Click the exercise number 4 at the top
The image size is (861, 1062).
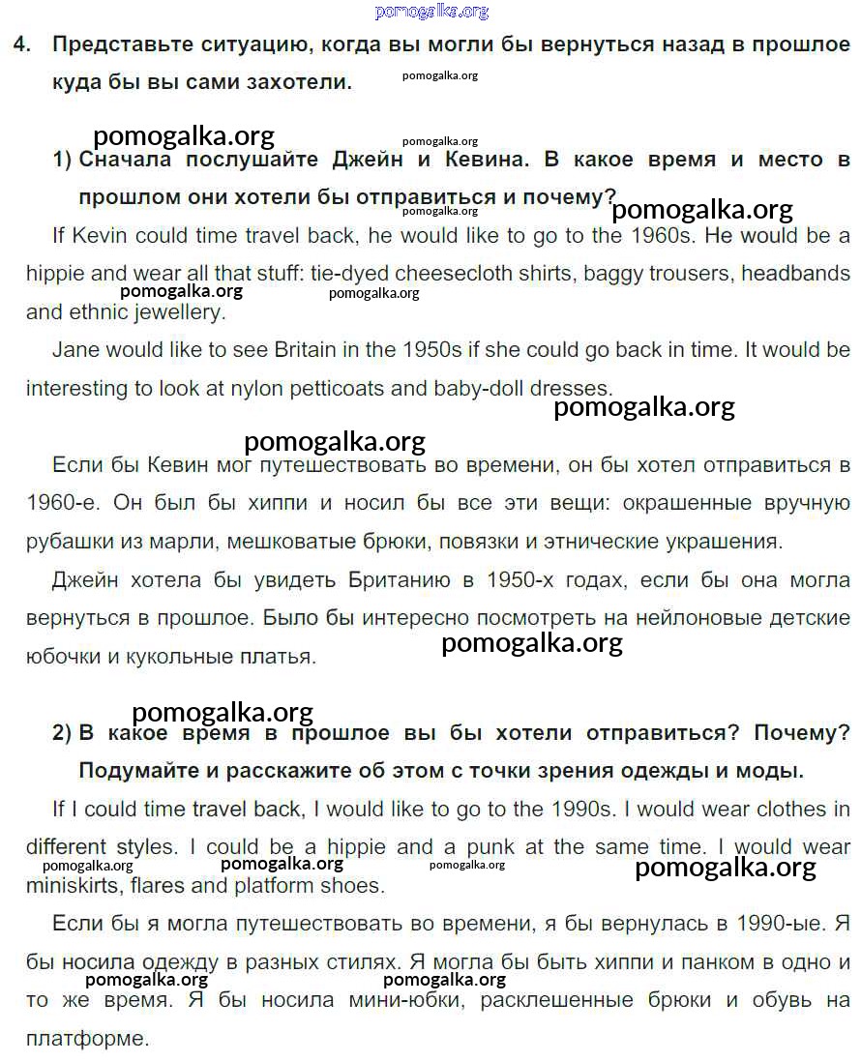[20, 44]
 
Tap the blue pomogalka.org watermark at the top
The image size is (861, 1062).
[430, 11]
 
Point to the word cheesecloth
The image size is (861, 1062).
[451, 274]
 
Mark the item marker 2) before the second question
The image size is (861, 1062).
[62, 733]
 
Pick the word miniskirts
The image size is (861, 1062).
[74, 885]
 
